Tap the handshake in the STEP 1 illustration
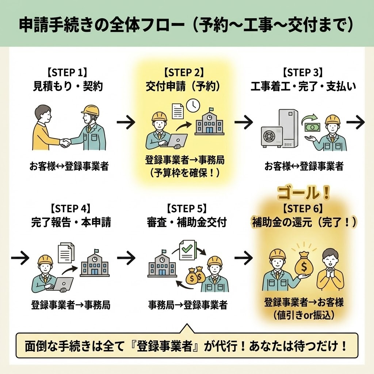[65, 142]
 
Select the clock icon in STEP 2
[193, 105]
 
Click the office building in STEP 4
[94, 263]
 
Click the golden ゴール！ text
[303, 193]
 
